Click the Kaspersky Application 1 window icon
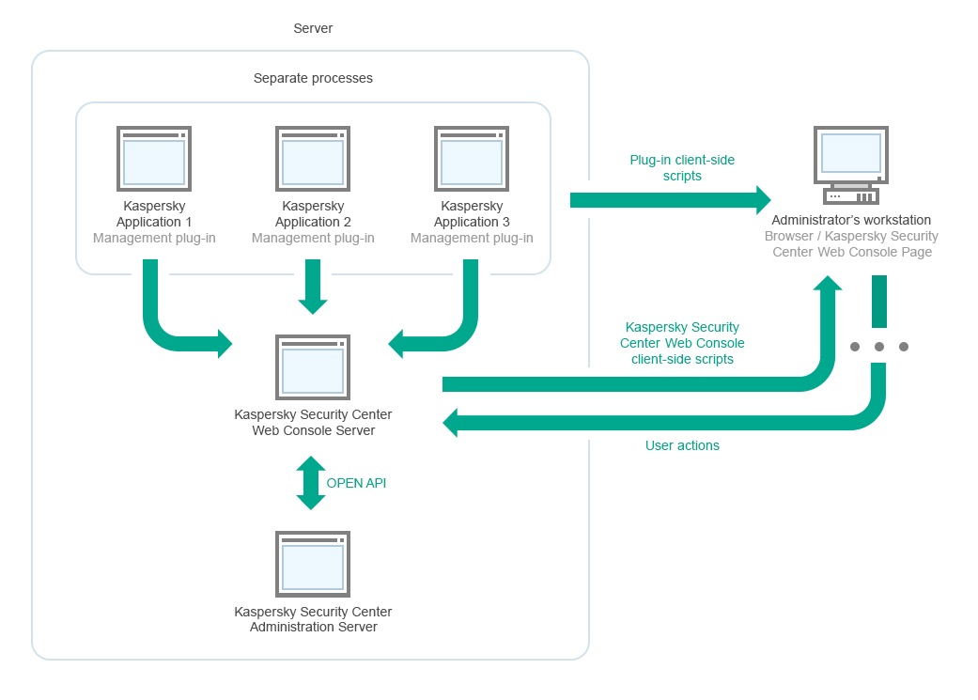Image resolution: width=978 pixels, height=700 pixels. click(154, 159)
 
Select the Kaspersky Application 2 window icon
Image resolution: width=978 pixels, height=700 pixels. click(313, 159)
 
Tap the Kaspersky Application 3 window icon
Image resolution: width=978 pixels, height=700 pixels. click(472, 159)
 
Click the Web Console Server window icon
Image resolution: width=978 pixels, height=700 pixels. click(313, 366)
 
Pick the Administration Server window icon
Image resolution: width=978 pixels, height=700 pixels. click(313, 564)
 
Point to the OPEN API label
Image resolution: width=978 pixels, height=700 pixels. click(356, 483)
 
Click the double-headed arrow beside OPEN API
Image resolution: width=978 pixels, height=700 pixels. click(311, 483)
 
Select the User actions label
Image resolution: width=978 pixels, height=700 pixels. click(682, 445)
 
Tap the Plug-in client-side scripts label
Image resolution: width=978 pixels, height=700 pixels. click(682, 168)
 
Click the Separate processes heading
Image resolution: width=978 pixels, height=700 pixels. click(313, 78)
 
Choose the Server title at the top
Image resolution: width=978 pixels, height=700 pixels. click(313, 28)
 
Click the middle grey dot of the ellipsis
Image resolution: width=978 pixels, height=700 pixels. click(879, 347)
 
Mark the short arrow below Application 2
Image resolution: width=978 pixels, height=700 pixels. click(313, 287)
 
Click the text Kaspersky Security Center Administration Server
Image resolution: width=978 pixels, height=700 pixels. click(313, 619)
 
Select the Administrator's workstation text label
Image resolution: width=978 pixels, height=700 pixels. click(851, 220)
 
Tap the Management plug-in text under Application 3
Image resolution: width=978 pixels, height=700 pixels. click(472, 238)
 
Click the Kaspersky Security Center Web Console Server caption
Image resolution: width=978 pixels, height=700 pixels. click(313, 422)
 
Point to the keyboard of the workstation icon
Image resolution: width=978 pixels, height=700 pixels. click(850, 196)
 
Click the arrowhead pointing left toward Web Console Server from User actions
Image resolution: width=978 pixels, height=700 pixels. click(451, 423)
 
